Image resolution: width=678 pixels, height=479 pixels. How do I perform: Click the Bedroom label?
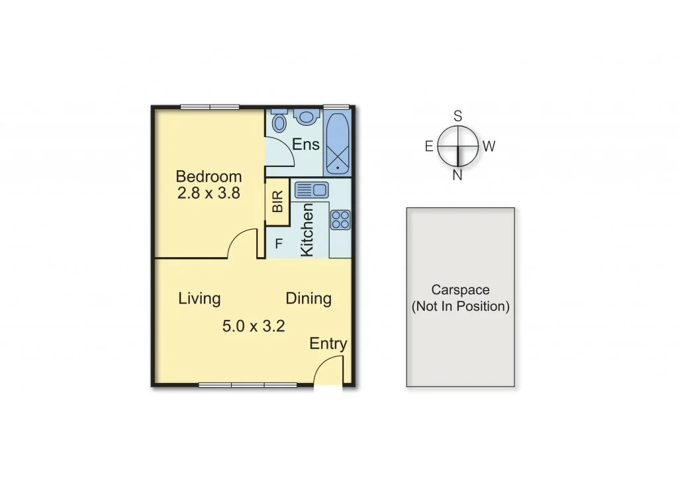pyautogui.click(x=209, y=177)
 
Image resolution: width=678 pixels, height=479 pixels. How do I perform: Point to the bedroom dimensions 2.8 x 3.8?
pyautogui.click(x=209, y=193)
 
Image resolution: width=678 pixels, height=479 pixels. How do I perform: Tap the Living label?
pyautogui.click(x=199, y=298)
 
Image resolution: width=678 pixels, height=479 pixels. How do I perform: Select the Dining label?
pyautogui.click(x=309, y=298)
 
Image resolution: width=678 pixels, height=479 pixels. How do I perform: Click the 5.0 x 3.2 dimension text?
pyautogui.click(x=254, y=325)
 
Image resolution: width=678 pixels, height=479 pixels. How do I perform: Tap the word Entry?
pyautogui.click(x=328, y=344)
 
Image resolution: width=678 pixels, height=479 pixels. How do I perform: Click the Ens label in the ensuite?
pyautogui.click(x=306, y=144)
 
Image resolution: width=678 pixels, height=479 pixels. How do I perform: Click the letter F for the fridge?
pyautogui.click(x=279, y=244)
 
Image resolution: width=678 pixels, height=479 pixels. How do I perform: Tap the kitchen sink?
pyautogui.click(x=311, y=190)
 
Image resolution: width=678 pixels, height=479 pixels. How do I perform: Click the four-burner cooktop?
pyautogui.click(x=341, y=219)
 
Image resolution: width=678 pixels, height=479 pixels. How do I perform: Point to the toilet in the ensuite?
pyautogui.click(x=279, y=121)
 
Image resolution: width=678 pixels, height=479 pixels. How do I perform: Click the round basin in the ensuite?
pyautogui.click(x=306, y=117)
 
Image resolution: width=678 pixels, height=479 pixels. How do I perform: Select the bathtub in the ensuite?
pyautogui.click(x=338, y=143)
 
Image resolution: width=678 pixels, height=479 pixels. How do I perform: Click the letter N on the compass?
pyautogui.click(x=458, y=175)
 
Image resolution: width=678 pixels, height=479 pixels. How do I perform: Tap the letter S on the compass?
pyautogui.click(x=458, y=115)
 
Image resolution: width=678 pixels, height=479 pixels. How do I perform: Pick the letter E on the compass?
pyautogui.click(x=429, y=146)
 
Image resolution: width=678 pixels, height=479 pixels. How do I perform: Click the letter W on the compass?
pyautogui.click(x=489, y=146)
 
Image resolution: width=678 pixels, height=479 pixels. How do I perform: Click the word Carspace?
pyautogui.click(x=460, y=290)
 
